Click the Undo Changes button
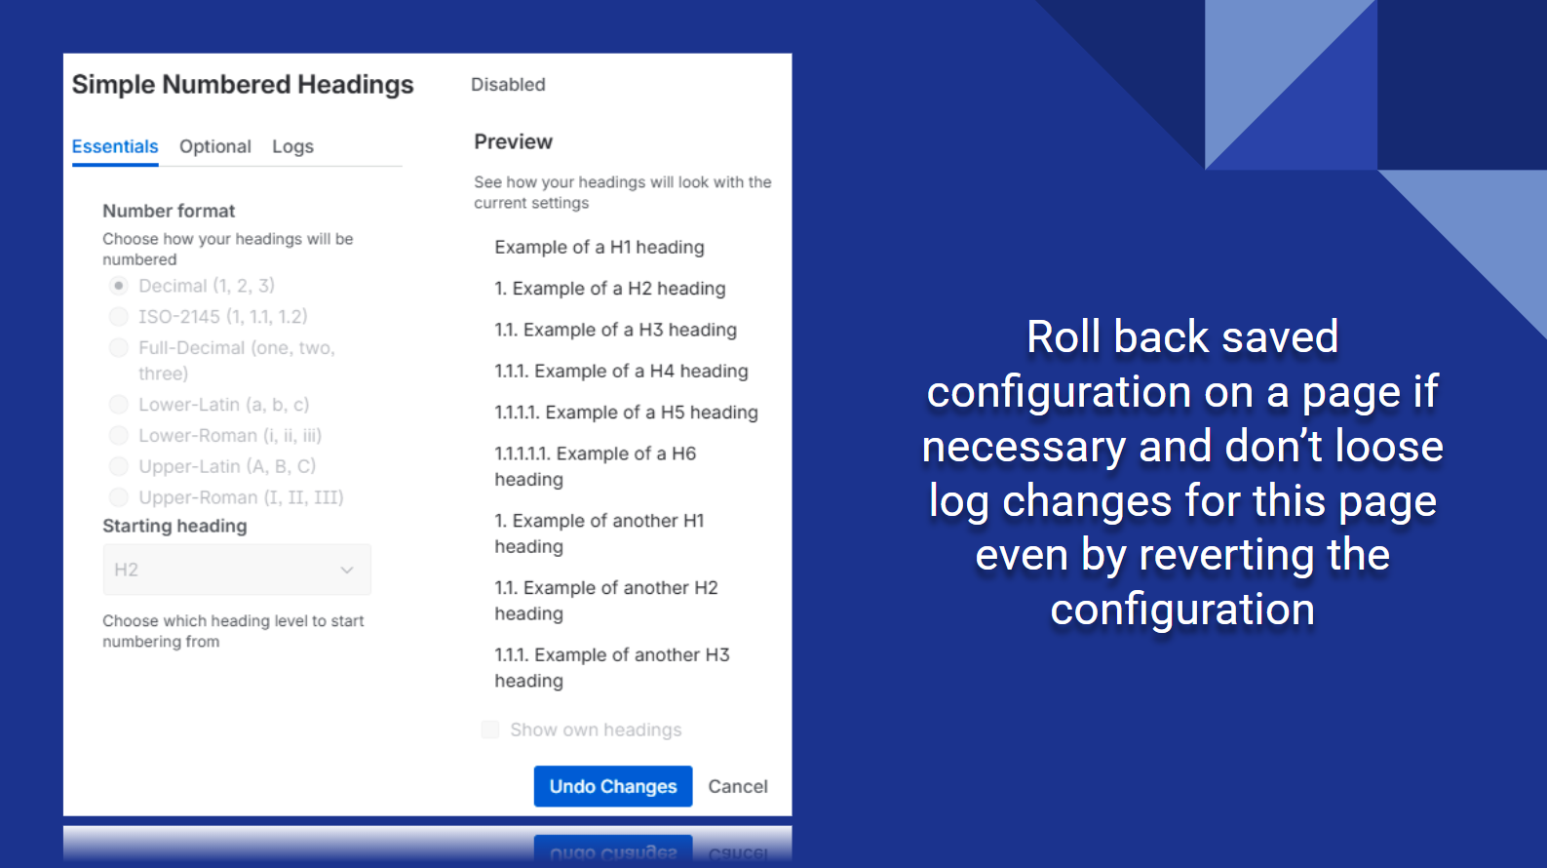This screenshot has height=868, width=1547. pos(612,786)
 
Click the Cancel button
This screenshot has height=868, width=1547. pos(738,786)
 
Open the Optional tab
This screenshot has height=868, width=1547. pos(214,146)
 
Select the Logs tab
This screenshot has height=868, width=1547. pos(292,146)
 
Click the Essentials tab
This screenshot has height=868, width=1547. pos(115,146)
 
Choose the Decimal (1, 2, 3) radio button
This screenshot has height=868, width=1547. pos(119,286)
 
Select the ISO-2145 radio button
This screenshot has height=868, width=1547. pos(119,317)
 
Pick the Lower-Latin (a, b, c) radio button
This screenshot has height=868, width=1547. pos(119,405)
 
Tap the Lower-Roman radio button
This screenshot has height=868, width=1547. pos(119,435)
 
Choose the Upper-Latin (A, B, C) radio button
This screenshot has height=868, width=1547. pos(119,466)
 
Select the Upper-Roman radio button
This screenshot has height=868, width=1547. pos(119,496)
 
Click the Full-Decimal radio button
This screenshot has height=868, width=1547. pos(119,347)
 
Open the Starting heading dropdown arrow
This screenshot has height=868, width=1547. pos(347,571)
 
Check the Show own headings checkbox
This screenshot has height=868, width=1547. pos(490,730)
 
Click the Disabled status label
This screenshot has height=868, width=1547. pos(508,84)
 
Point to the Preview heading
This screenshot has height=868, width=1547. pos(513,141)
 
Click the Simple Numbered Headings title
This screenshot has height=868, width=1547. pos(243,84)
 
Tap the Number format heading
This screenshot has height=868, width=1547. pos(169,211)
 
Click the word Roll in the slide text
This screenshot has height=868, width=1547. pos(1064,337)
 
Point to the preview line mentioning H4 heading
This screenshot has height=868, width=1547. pos(621,372)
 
